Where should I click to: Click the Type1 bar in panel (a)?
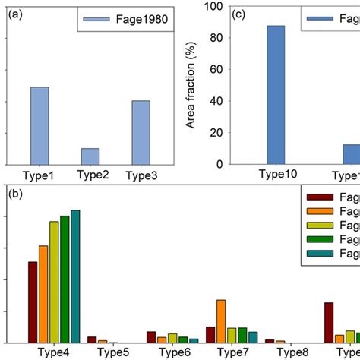39,126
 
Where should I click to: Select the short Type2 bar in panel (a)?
90,156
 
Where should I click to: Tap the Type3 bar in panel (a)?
141,133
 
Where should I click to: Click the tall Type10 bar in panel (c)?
276,95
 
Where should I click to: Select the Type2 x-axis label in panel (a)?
90,174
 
